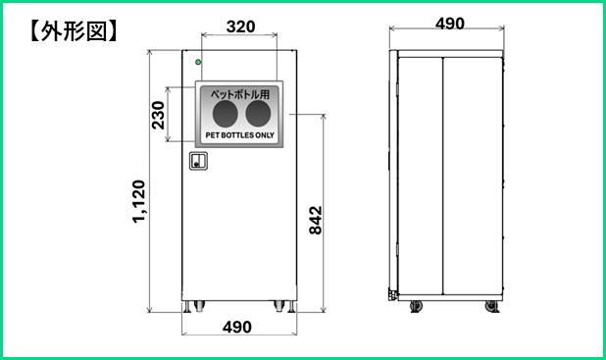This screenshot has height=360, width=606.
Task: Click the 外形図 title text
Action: click(74, 30)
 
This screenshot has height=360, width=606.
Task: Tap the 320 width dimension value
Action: click(240, 26)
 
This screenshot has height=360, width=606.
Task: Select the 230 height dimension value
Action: click(158, 115)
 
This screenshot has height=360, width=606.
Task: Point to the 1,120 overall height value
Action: click(138, 201)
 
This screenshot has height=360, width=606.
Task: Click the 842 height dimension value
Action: click(316, 220)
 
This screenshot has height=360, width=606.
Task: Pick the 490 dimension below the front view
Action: click(237, 327)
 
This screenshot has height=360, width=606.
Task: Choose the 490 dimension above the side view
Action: click(450, 24)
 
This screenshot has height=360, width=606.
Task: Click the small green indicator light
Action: click(198, 62)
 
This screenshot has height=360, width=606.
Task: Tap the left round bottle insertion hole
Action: click(226, 114)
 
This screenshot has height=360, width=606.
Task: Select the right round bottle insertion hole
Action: click(258, 114)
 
